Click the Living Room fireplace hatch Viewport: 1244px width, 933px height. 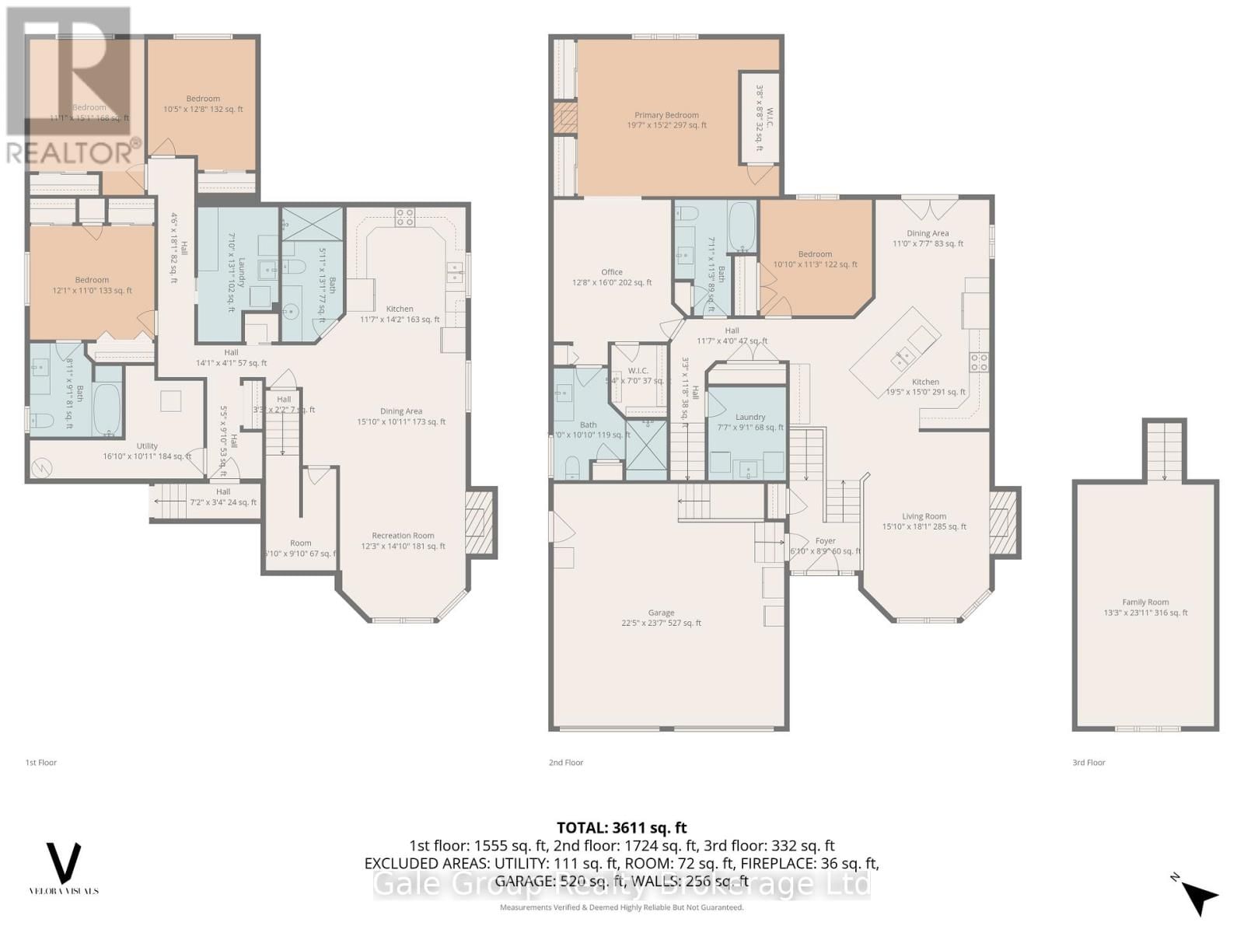[x=1005, y=522]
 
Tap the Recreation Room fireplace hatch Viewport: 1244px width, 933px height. [x=480, y=522]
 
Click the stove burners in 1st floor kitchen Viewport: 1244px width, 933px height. [x=404, y=217]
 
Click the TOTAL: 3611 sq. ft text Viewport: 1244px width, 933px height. [x=621, y=828]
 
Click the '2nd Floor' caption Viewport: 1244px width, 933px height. [x=566, y=763]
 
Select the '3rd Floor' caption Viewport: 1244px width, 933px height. [x=1088, y=763]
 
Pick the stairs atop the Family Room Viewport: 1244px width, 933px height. [x=1164, y=451]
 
